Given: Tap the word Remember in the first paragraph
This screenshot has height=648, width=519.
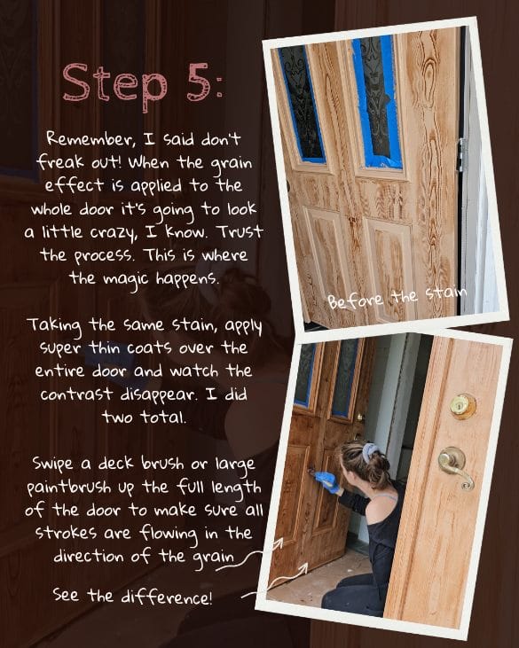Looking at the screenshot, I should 83,139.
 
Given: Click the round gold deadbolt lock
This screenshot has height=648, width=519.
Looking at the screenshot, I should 462,405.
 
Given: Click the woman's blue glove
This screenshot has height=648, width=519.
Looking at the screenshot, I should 327,481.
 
